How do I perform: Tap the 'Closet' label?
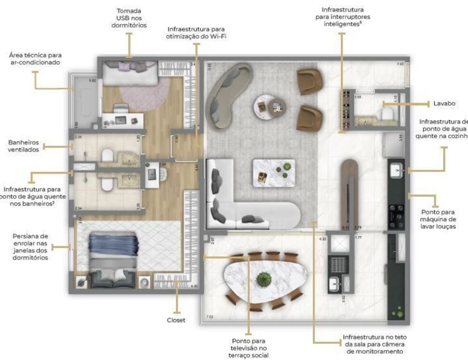(176, 320)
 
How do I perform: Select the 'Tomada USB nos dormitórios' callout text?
(130, 18)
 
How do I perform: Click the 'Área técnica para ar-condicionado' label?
(35, 58)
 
